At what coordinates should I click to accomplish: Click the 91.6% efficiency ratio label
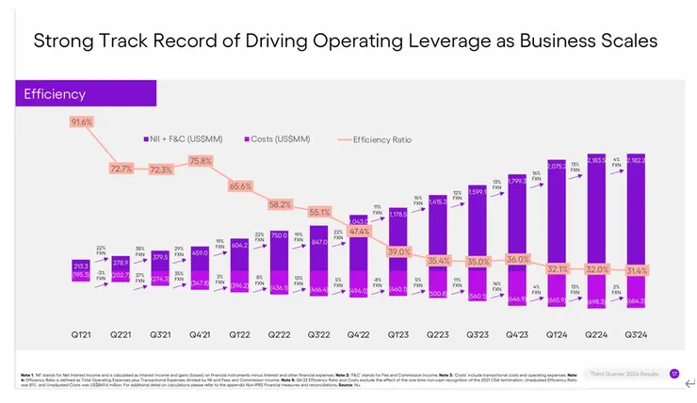coord(81,122)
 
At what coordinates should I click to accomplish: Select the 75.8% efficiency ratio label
coord(201,161)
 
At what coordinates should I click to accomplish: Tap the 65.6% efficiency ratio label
coord(240,185)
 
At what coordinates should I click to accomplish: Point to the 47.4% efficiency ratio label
coord(359,231)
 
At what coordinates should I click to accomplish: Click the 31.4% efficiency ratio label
coord(638,270)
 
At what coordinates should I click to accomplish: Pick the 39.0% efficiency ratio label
coord(399,251)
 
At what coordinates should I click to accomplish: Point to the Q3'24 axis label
coord(636,334)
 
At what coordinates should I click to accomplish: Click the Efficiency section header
coord(55,94)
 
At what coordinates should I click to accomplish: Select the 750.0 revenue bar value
coord(279,234)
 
